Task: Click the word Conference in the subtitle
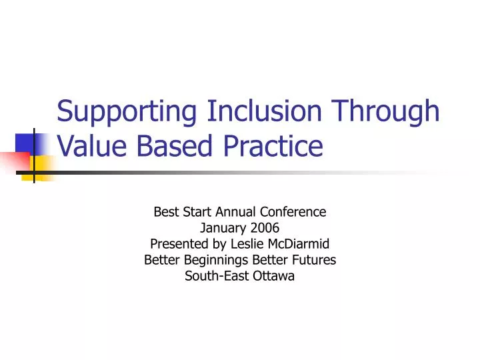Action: click(x=294, y=213)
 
